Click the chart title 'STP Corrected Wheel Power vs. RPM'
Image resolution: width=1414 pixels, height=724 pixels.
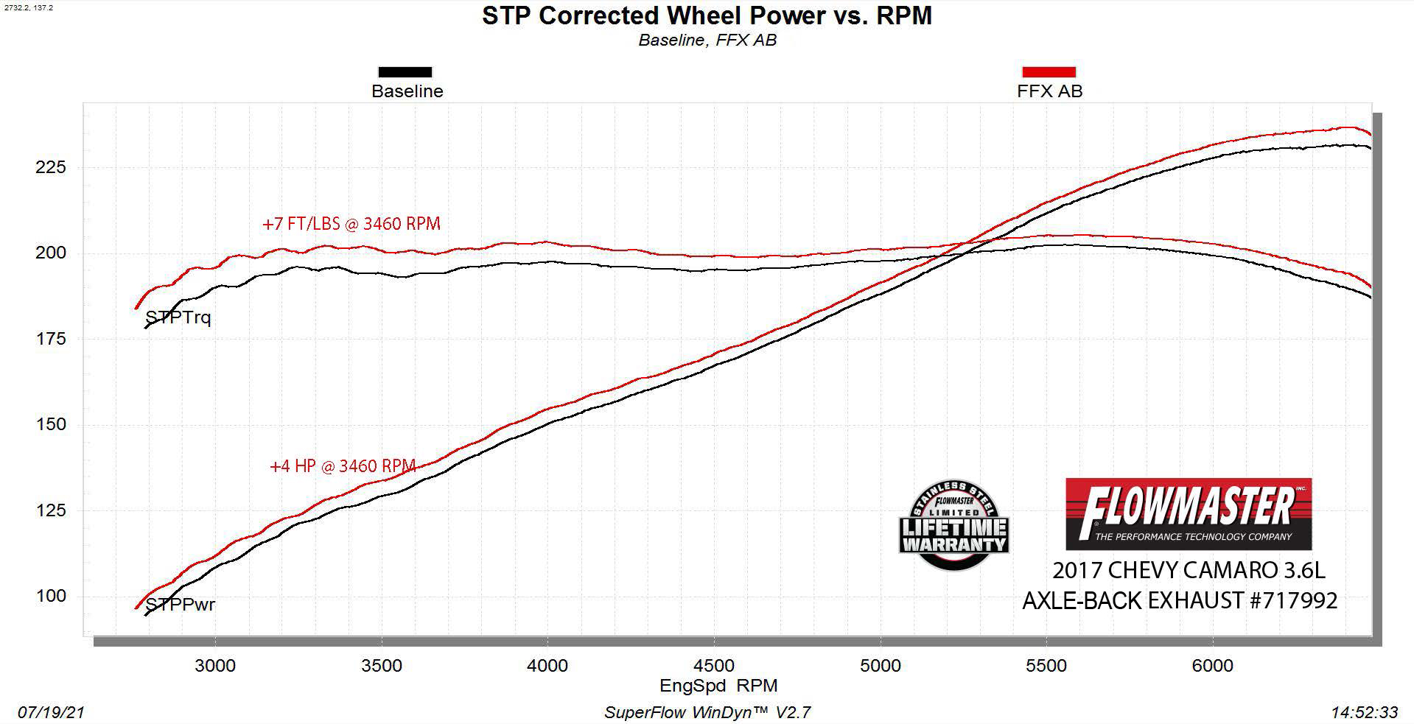pos(707,16)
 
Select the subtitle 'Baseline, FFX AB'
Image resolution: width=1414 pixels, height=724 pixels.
pos(707,41)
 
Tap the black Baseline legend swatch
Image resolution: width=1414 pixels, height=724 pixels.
pos(405,72)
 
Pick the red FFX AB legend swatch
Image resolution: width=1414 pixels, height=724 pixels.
pos(1049,72)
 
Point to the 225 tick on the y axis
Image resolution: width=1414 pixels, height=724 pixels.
pos(51,167)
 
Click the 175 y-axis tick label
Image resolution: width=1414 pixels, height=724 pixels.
pos(51,339)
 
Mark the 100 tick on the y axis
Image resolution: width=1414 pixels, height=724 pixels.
pos(51,596)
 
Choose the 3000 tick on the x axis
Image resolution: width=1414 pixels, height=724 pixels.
pos(214,666)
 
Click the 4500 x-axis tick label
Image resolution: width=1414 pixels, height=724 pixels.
pos(714,666)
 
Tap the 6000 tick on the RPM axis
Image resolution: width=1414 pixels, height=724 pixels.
pos(1212,666)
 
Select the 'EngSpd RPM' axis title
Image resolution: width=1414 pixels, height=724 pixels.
pos(718,686)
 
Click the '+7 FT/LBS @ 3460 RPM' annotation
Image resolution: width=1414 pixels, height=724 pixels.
pos(351,224)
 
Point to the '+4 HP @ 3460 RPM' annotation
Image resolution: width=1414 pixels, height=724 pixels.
pos(343,466)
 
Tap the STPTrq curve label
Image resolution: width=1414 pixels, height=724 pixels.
pos(178,318)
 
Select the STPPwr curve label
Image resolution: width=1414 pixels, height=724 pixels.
pos(181,605)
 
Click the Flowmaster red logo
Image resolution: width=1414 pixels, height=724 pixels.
pos(1189,513)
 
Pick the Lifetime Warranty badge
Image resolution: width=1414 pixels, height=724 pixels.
pos(953,526)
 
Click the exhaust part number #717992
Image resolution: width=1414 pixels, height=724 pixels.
pos(1292,601)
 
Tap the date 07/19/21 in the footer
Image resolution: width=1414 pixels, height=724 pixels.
pos(51,712)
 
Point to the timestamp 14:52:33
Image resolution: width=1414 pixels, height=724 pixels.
pos(1364,712)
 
